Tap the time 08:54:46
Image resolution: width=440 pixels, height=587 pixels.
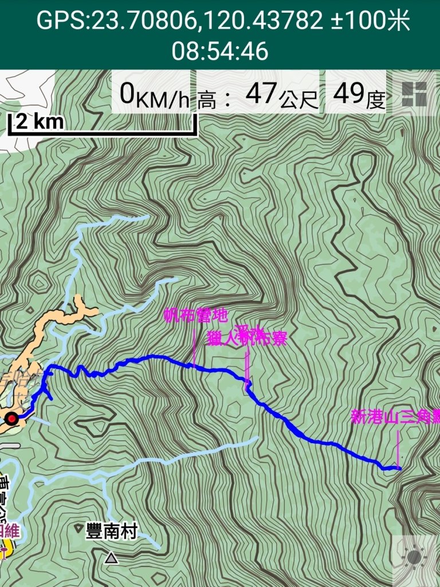tap(220, 52)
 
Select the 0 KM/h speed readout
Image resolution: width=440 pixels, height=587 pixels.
tap(154, 95)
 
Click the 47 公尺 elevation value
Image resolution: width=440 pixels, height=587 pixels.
tap(281, 95)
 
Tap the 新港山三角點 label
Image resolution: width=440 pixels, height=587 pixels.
tap(395, 417)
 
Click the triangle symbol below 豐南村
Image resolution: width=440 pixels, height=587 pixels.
tap(112, 557)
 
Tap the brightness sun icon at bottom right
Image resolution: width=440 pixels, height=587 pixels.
tap(414, 557)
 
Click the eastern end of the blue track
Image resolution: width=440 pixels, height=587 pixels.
tap(399, 468)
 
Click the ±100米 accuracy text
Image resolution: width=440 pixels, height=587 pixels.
tap(371, 21)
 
